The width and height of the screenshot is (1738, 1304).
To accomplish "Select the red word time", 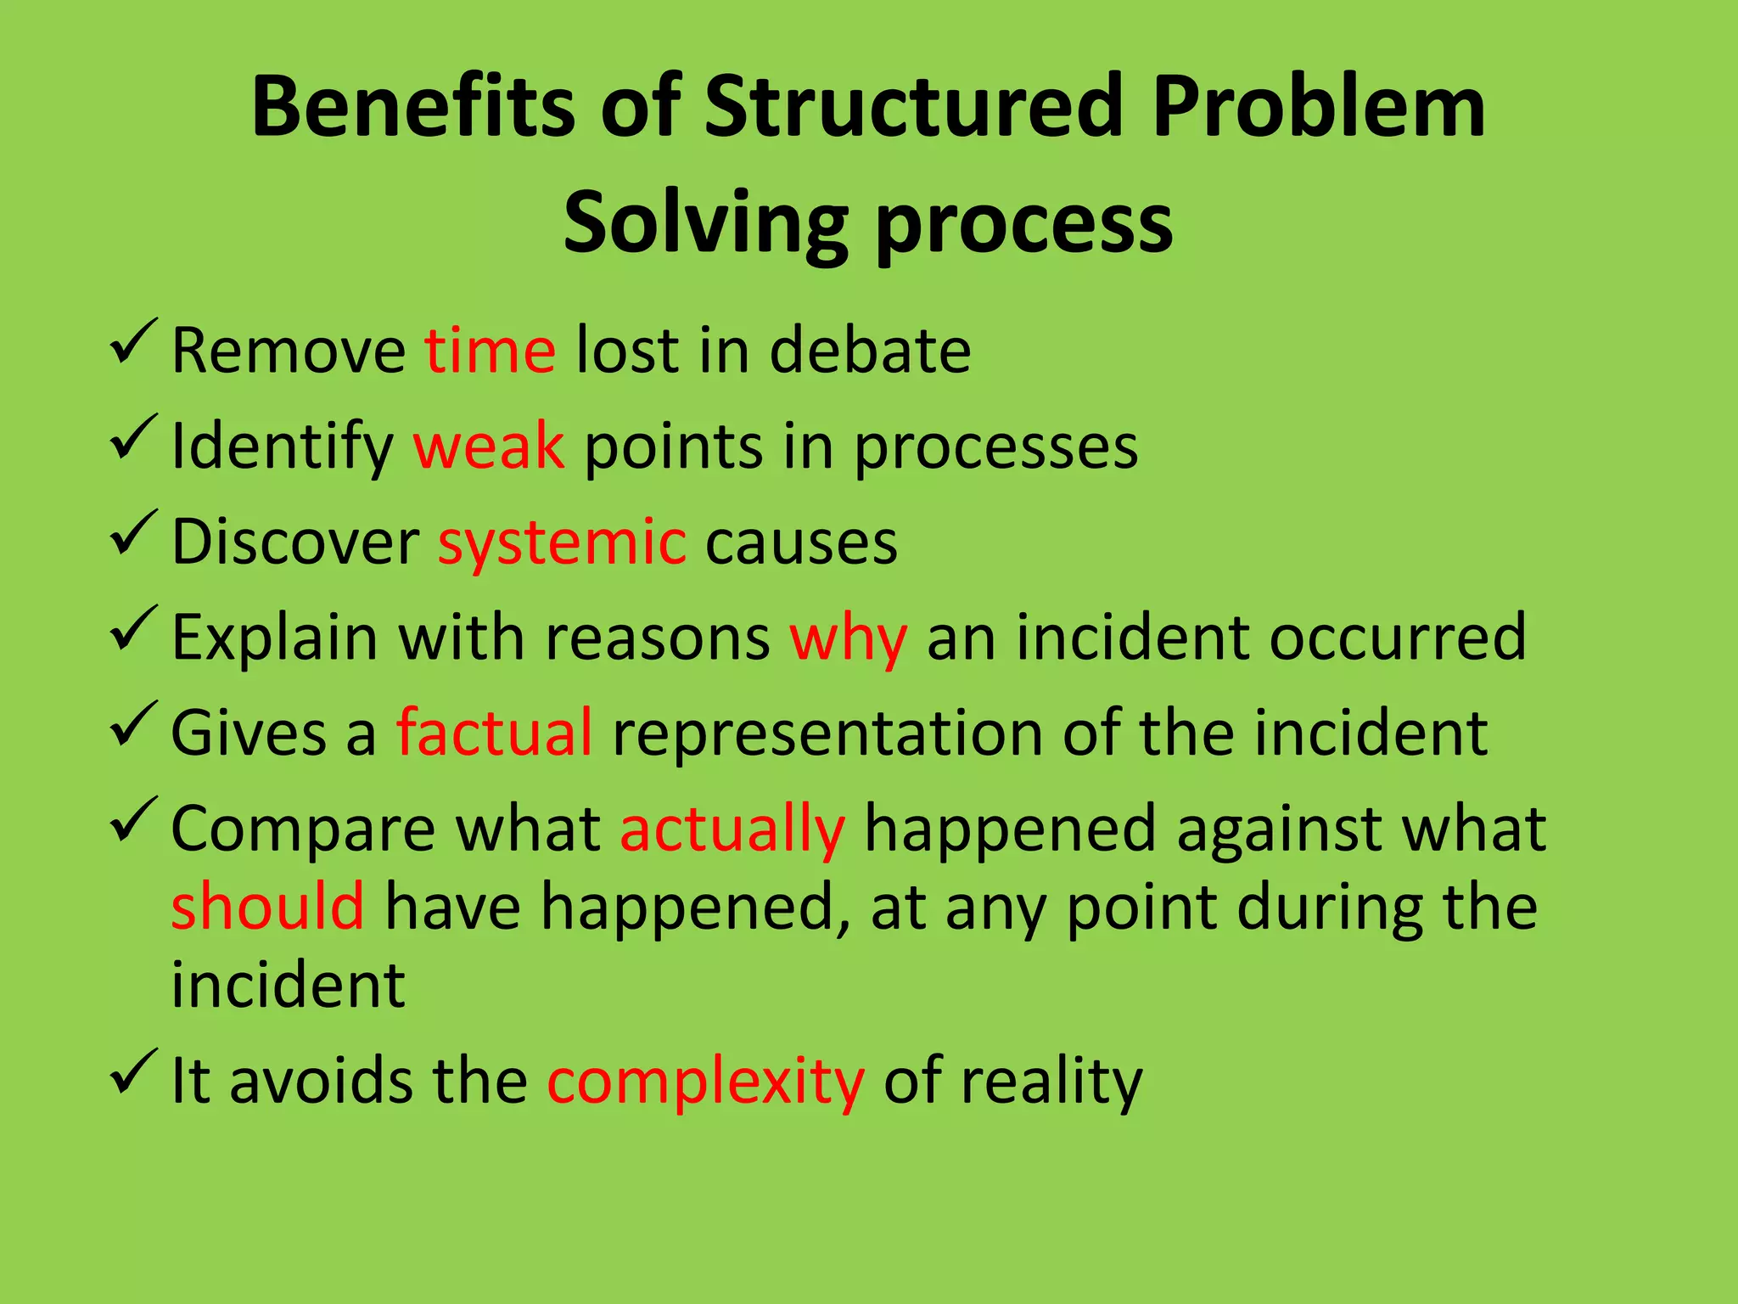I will (x=490, y=350).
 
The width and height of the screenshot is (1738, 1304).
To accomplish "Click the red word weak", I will (x=488, y=446).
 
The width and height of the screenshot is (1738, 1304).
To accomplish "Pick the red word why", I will (x=848, y=638).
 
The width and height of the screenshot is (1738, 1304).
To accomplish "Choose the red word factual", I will (x=494, y=732).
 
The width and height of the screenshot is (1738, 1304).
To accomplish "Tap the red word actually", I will (x=732, y=829).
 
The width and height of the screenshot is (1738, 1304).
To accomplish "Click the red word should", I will (x=267, y=907).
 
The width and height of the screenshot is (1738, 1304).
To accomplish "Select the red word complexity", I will (x=705, y=1082).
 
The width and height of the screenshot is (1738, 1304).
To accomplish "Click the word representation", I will (x=827, y=733).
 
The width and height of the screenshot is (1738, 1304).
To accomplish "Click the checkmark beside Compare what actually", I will (x=133, y=819).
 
